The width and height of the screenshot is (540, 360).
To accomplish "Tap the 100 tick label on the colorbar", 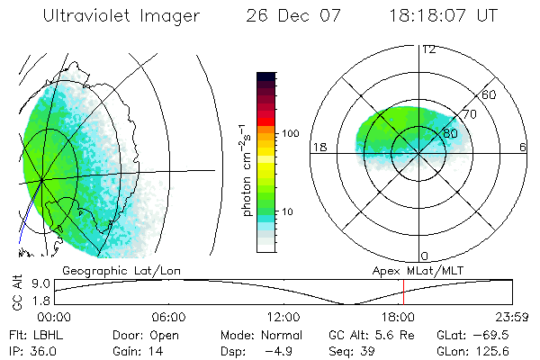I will (290, 133).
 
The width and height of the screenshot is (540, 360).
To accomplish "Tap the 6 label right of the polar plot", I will (523, 148).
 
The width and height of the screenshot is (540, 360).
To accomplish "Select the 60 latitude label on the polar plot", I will (490, 94).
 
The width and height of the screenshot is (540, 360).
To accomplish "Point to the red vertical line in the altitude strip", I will (404, 292).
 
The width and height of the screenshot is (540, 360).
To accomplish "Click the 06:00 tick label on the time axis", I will (168, 317).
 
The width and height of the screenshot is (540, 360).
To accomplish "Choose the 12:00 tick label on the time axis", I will (283, 317).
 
